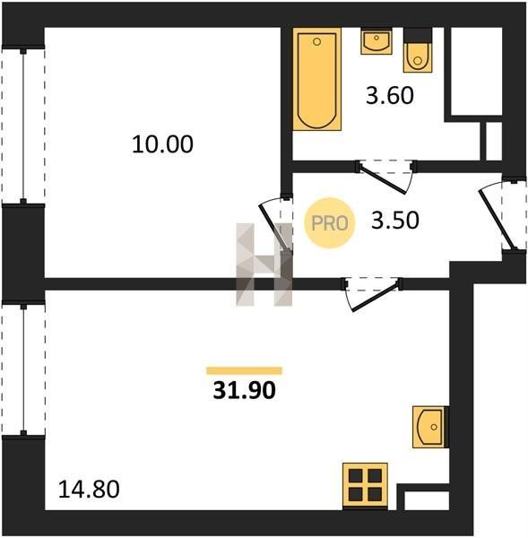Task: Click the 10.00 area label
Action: point(162,144)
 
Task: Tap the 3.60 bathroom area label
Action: point(390,95)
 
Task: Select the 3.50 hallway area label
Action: point(395,220)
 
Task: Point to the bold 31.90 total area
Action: point(244,390)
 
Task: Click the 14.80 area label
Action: point(89,489)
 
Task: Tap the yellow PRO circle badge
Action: point(329,223)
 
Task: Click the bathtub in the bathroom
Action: point(317,79)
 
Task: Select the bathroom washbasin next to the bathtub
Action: point(377,41)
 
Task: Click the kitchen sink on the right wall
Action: point(430,427)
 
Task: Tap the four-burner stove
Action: point(365,485)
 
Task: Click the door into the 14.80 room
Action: point(372,294)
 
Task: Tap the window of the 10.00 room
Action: point(23,126)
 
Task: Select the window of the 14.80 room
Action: point(23,369)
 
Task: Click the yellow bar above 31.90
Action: point(244,370)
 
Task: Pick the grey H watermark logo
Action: point(264,265)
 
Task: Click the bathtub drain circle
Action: point(317,42)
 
